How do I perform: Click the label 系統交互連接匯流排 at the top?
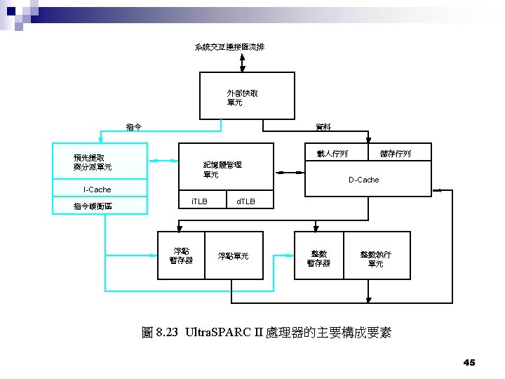pos(229,47)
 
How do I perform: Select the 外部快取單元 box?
pos(242,98)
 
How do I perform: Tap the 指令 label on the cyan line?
pos(134,127)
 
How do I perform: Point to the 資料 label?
pos(323,127)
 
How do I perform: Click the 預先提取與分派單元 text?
pos(93,162)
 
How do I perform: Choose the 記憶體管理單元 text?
pos(222,169)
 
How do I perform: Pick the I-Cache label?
pos(97,189)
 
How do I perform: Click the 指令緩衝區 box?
pos(101,206)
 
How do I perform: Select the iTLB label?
pos(199,202)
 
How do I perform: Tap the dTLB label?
pos(245,202)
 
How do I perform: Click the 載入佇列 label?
pos(332,153)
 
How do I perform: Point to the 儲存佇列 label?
pos(395,153)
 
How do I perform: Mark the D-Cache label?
pos(363,180)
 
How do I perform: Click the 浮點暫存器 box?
pos(181,255)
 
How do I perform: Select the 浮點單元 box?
pos(233,256)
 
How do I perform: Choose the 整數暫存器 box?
pos(318,258)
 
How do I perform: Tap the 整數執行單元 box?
pos(375,259)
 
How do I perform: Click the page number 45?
pos(469,362)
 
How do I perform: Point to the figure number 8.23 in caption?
pos(167,332)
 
